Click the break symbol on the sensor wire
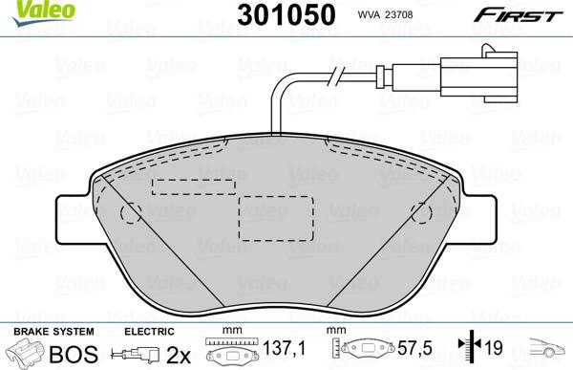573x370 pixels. click(335, 77)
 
